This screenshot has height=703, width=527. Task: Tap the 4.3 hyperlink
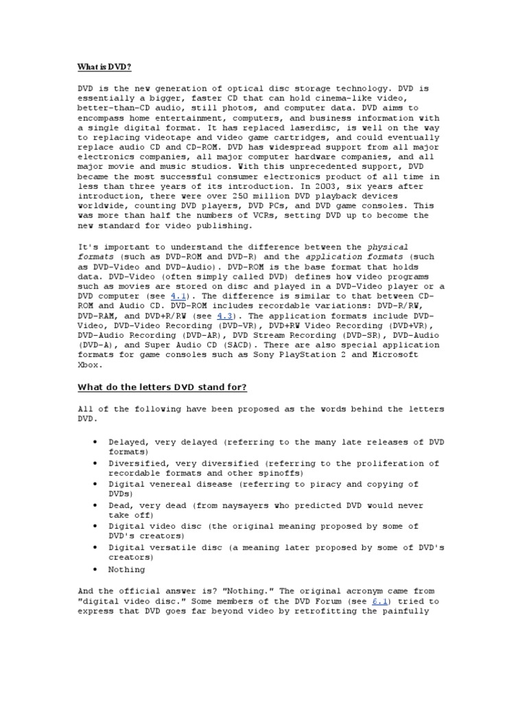click(x=226, y=315)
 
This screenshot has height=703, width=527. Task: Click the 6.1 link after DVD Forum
click(x=380, y=601)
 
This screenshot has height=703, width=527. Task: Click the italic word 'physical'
click(x=388, y=247)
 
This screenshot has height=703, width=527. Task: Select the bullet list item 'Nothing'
click(x=127, y=569)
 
